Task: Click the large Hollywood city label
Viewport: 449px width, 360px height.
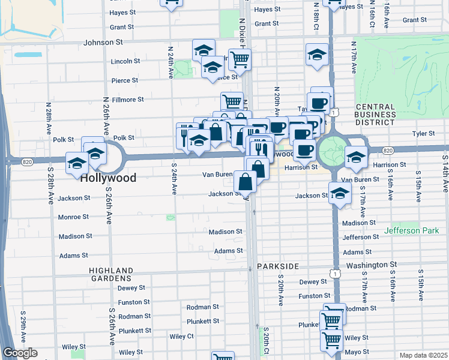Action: tap(109, 178)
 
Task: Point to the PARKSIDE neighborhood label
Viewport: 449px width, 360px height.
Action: tap(277, 265)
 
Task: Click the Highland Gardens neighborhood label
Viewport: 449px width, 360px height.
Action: tap(111, 274)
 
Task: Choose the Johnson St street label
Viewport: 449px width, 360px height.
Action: tap(103, 43)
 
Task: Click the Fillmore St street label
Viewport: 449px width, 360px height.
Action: tap(127, 100)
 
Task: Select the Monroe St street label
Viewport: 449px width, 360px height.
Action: tap(73, 217)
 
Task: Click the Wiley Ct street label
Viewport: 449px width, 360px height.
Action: tap(181, 337)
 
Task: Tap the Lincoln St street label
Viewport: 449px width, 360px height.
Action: tap(125, 61)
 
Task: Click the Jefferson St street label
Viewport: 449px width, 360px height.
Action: tap(361, 238)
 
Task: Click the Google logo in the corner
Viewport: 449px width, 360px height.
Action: tap(20, 353)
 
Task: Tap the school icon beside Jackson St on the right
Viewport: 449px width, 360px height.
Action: tap(340, 194)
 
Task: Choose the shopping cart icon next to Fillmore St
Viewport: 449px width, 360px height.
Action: tap(232, 101)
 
